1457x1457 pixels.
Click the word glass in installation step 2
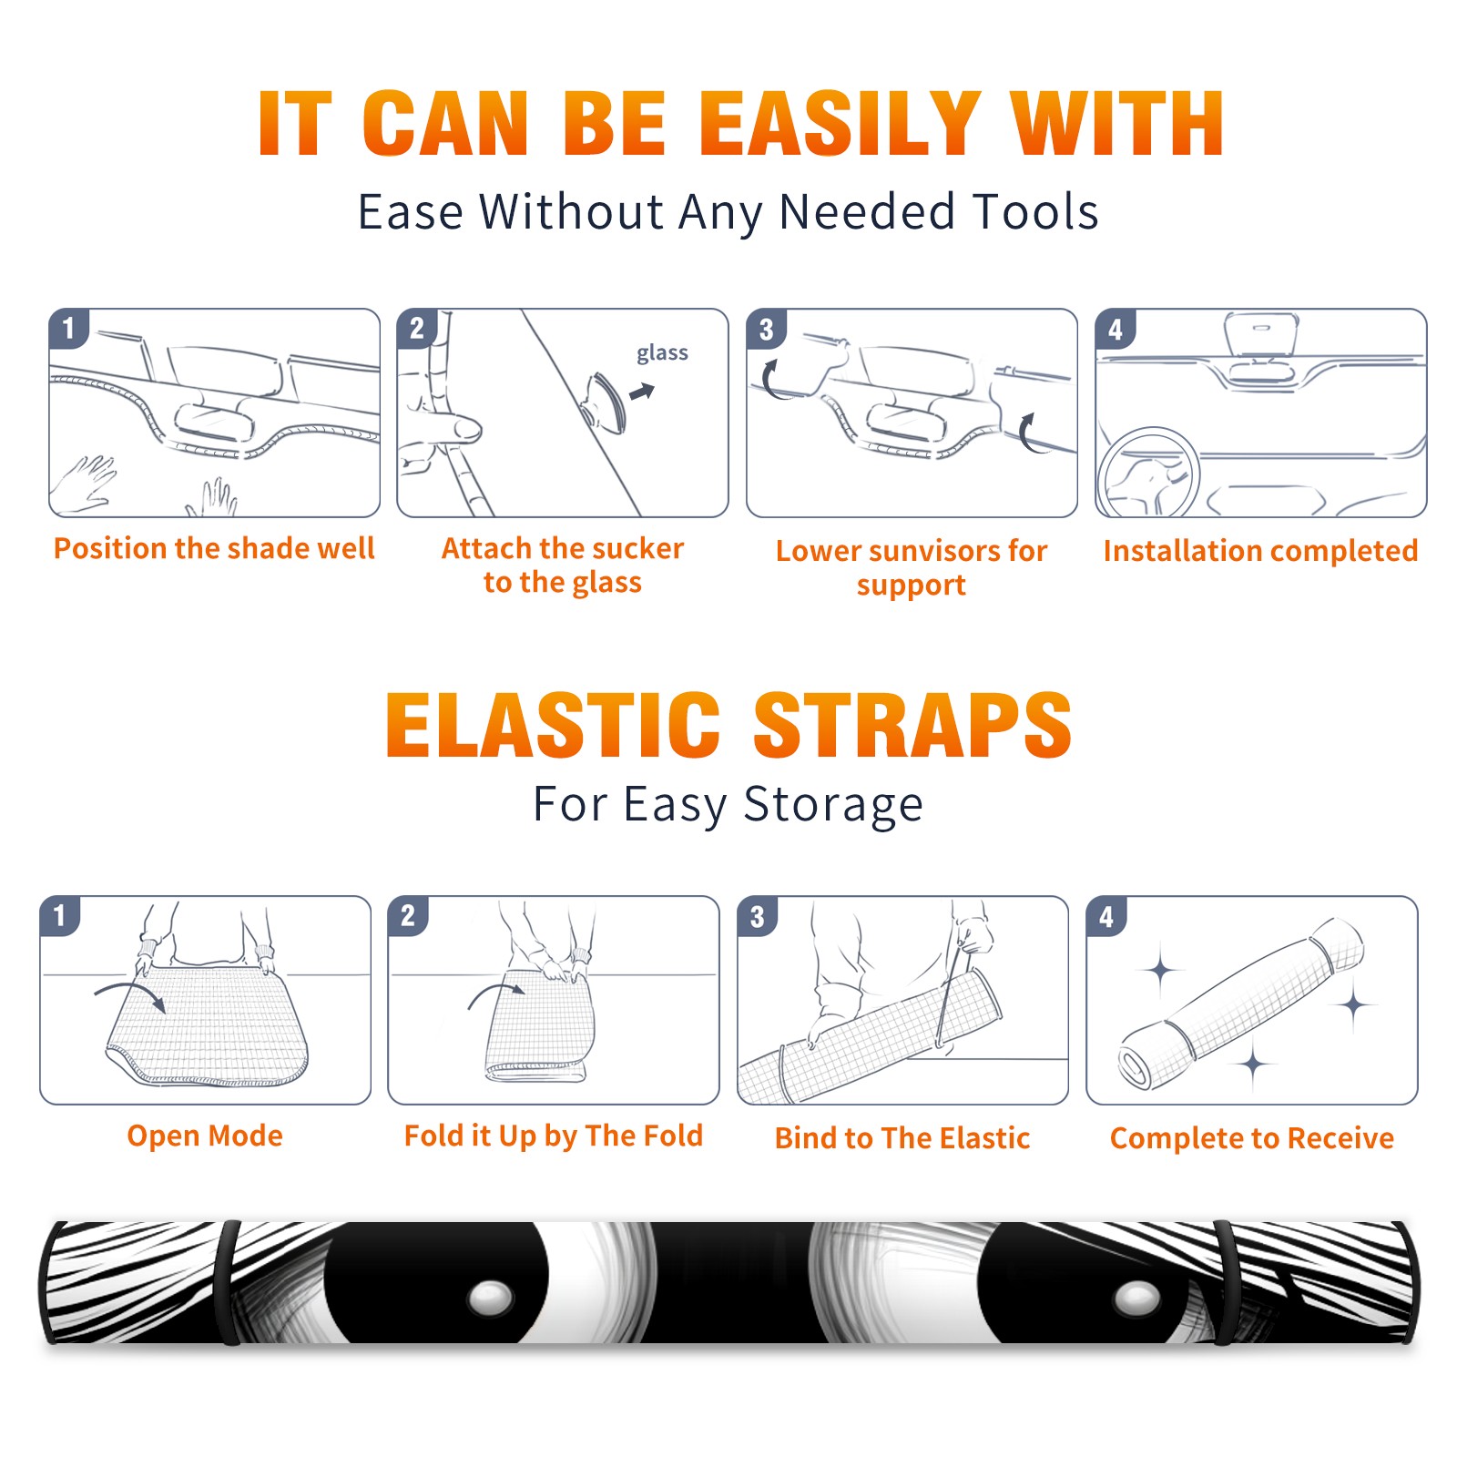pyautogui.click(x=662, y=353)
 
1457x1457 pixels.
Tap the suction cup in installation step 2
pyautogui.click(x=606, y=401)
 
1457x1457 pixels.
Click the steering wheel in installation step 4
pyautogui.click(x=1148, y=474)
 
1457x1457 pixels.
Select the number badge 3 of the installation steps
pyautogui.click(x=766, y=329)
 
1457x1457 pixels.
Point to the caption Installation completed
pyautogui.click(x=1260, y=551)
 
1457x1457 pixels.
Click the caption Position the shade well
pyautogui.click(x=214, y=548)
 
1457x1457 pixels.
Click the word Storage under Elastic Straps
pyautogui.click(x=833, y=805)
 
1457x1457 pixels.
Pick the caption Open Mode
pyautogui.click(x=205, y=1136)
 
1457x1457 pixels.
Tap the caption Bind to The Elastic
pyautogui.click(x=902, y=1138)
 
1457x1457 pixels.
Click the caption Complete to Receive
pyautogui.click(x=1252, y=1138)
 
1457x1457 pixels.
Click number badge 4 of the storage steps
pyautogui.click(x=1106, y=916)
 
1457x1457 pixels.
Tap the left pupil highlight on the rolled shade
pyautogui.click(x=491, y=1296)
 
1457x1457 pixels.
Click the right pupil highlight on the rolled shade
pyautogui.click(x=1138, y=1298)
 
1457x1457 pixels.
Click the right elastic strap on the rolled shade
pyautogui.click(x=1227, y=1283)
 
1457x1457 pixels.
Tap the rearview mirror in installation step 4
pyautogui.click(x=1261, y=334)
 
